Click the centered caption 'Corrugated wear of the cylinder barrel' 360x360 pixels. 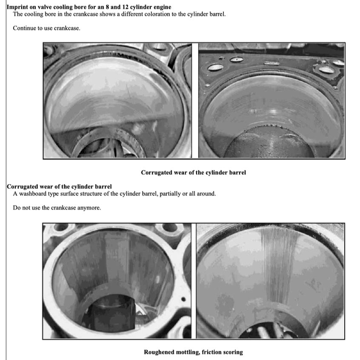coord(193,173)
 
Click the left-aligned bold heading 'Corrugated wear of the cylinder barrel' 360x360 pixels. coord(59,186)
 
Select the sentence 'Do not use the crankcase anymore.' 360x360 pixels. coord(57,208)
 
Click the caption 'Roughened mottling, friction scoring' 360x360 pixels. coord(193,352)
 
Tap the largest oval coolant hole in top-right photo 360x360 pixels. coord(215,67)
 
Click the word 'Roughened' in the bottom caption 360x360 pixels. coord(159,352)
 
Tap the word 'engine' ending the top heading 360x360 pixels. coord(162,7)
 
